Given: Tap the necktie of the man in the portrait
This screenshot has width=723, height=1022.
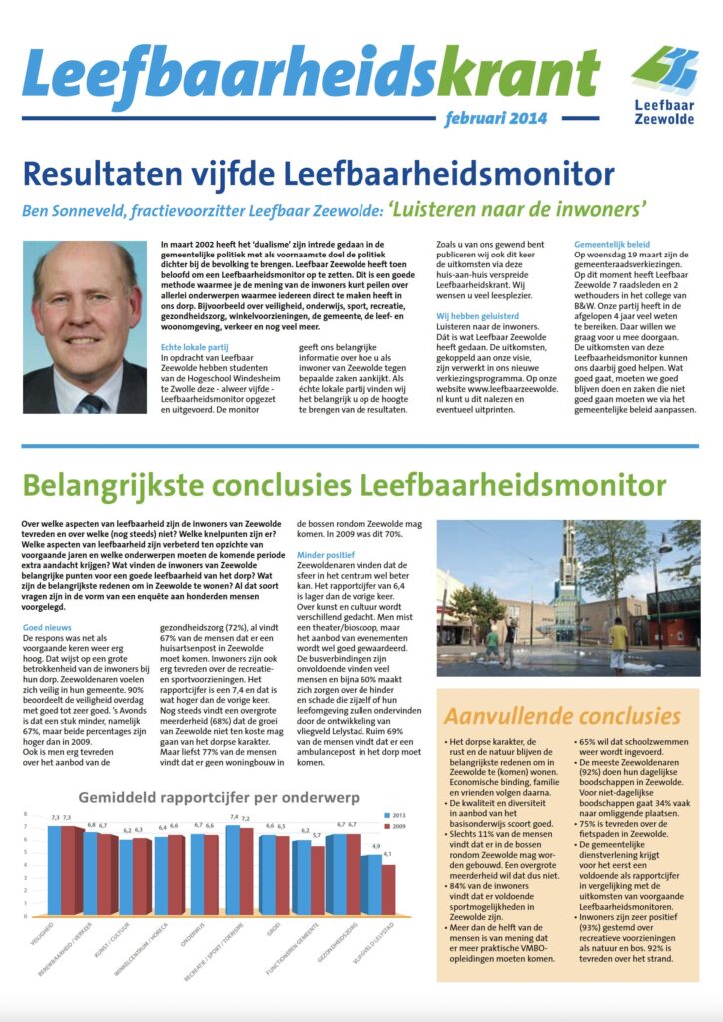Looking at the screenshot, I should click(92, 402).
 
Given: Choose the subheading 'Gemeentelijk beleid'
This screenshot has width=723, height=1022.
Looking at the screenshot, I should click(612, 244).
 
